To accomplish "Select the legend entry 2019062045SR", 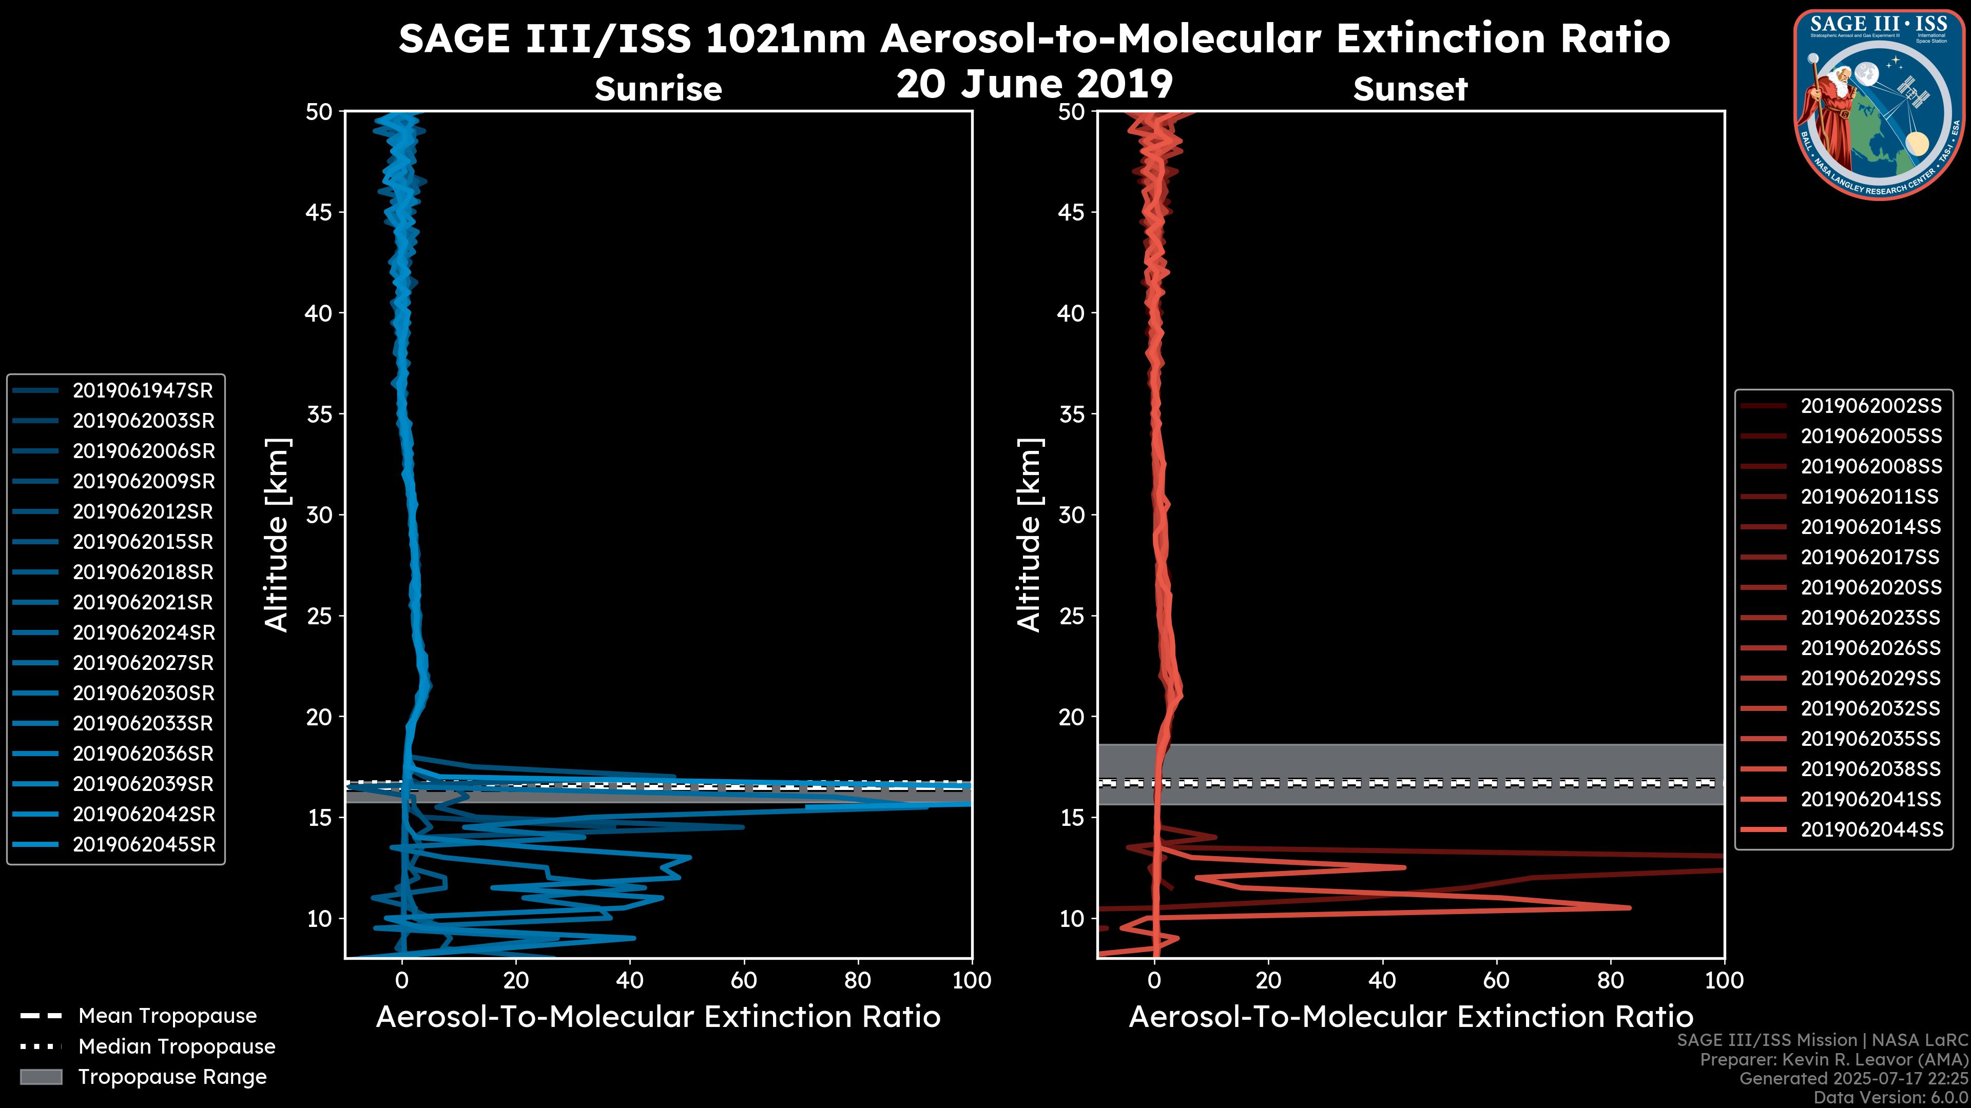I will pyautogui.click(x=144, y=845).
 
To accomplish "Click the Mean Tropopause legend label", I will pyautogui.click(x=167, y=1016).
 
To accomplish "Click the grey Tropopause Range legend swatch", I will pyautogui.click(x=41, y=1077).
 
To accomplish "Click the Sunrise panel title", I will pyautogui.click(x=658, y=89).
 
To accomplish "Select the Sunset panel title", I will pyautogui.click(x=1410, y=89).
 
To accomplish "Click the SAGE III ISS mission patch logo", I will pyautogui.click(x=1878, y=104).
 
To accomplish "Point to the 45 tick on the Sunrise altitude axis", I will pyautogui.click(x=320, y=212).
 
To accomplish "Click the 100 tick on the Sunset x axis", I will pyautogui.click(x=1724, y=980).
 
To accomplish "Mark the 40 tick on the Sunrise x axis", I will pyautogui.click(x=630, y=980).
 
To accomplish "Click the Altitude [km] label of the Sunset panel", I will pyautogui.click(x=1029, y=535).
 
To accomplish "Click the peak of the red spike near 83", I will pyautogui.click(x=1629, y=907).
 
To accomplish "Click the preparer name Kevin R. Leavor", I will pyautogui.click(x=1851, y=1060).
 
